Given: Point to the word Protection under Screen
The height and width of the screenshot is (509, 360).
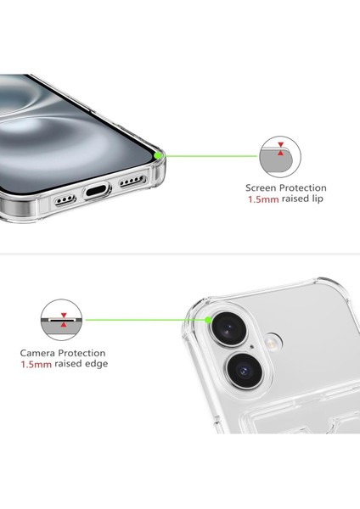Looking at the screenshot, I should [x=304, y=187].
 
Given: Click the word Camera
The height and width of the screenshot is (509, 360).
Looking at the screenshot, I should [x=40, y=352].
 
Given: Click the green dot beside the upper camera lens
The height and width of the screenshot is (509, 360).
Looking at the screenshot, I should [x=209, y=319].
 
